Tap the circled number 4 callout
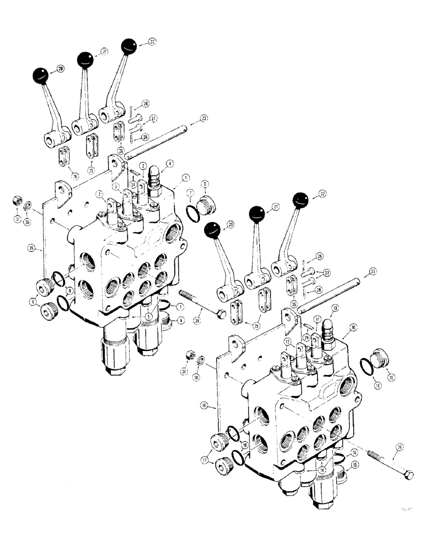coord(170,163)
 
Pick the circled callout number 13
coord(335,309)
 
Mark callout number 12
coord(287,342)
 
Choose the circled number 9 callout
coord(70,290)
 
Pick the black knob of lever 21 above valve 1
coord(85,59)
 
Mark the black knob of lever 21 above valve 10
coord(256,213)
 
